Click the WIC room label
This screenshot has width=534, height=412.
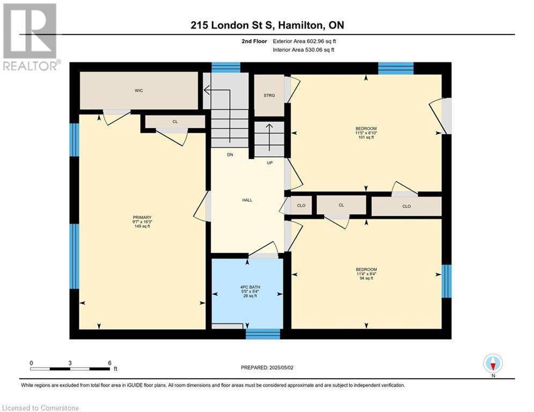pyautogui.click(x=138, y=91)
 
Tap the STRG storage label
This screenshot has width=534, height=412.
pyautogui.click(x=269, y=95)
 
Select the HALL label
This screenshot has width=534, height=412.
pyautogui.click(x=247, y=200)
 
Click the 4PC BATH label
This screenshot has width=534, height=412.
pyautogui.click(x=250, y=287)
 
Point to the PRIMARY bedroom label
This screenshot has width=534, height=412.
pyautogui.click(x=142, y=218)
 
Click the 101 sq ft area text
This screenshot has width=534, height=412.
pyautogui.click(x=366, y=137)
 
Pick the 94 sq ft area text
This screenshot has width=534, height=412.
pyautogui.click(x=366, y=278)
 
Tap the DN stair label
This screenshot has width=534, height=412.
pyautogui.click(x=230, y=154)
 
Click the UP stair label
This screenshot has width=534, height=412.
pyautogui.click(x=270, y=163)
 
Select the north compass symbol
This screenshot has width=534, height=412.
pyautogui.click(x=493, y=363)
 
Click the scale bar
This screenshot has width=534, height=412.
pyautogui.click(x=70, y=369)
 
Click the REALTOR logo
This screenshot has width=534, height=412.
pyautogui.click(x=31, y=37)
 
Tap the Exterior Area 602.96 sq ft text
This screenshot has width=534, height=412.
pyautogui.click(x=304, y=41)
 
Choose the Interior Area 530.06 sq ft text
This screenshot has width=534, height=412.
pyautogui.click(x=303, y=50)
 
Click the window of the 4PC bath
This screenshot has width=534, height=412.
pyautogui.click(x=263, y=334)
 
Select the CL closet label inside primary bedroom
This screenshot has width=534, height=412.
pyautogui.click(x=175, y=122)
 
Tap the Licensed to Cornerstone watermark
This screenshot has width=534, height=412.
pyautogui.click(x=41, y=408)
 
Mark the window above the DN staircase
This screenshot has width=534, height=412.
pyautogui.click(x=226, y=68)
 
